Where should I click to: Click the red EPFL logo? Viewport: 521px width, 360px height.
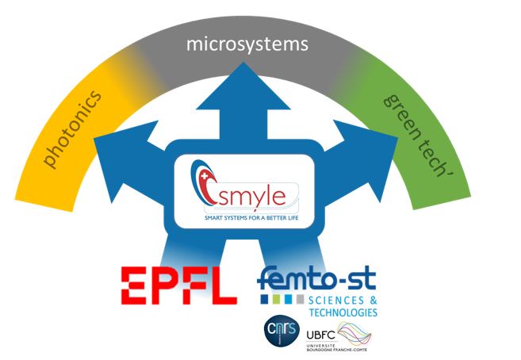178,286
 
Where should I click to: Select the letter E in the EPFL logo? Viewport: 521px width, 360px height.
135,286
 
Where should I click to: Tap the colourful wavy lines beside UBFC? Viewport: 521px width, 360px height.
354,332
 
